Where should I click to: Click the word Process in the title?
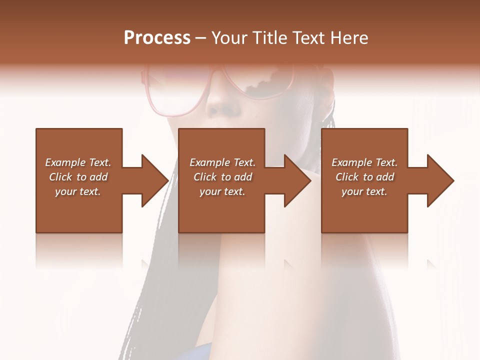click(157, 38)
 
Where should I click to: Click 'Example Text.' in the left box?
click(78, 162)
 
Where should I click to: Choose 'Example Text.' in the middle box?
click(222, 162)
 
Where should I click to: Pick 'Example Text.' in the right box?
click(364, 162)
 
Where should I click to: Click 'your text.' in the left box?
click(78, 191)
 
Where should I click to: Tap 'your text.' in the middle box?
click(222, 191)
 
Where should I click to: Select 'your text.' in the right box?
click(364, 191)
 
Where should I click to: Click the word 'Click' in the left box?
click(61, 177)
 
